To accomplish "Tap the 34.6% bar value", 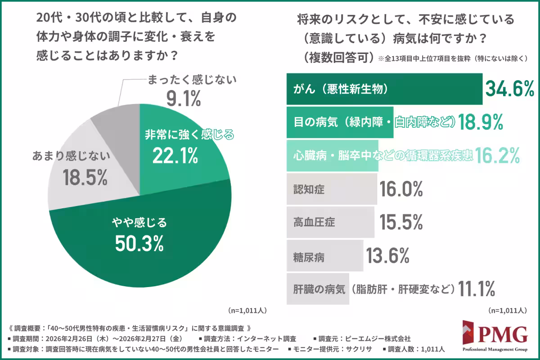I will click(509, 90).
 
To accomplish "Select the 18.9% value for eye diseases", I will click(480, 122).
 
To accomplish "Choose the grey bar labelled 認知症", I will click(331, 189).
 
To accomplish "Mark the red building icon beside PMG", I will click(470, 334).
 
